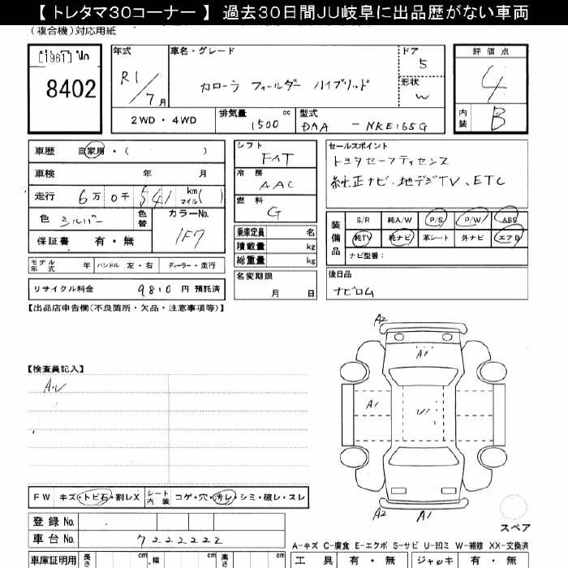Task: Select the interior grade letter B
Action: click(x=499, y=120)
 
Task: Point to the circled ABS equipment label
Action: click(x=509, y=220)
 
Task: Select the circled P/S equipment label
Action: click(x=435, y=220)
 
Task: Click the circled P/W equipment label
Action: click(x=471, y=220)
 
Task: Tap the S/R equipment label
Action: click(x=363, y=220)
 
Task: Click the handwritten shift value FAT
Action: click(x=274, y=160)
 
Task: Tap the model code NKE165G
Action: click(x=394, y=125)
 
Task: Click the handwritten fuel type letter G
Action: click(x=276, y=213)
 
